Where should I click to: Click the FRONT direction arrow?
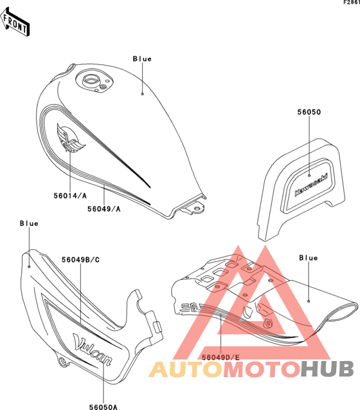point(14,22)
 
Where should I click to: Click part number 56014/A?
point(70,196)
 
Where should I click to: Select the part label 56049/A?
point(104,209)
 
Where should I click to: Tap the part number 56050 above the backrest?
point(309,112)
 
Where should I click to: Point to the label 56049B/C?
point(80,259)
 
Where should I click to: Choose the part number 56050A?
point(104,407)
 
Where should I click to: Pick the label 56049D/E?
point(221,357)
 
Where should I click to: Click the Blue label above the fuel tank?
point(142,59)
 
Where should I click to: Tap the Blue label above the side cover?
point(29,223)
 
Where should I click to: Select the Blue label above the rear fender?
point(309,258)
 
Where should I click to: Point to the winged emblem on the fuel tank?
point(71,138)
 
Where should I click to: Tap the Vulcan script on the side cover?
point(93,349)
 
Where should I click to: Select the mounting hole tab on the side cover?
point(63,361)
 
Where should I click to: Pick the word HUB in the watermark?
point(327,369)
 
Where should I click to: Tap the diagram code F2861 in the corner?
point(352,3)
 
